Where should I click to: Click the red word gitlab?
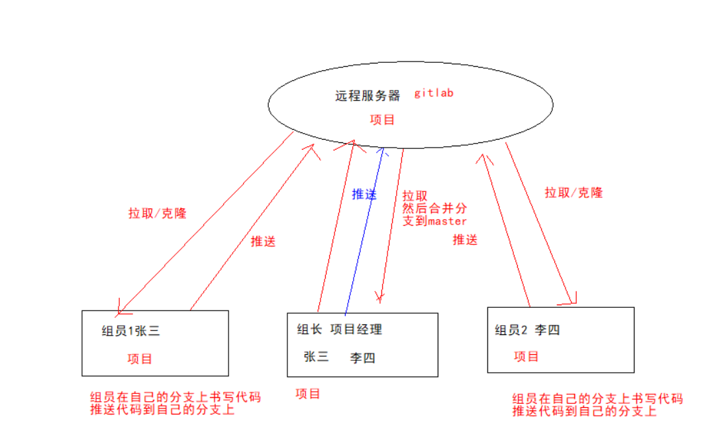click(x=434, y=93)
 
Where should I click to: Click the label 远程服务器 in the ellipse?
click(x=368, y=95)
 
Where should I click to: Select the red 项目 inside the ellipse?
click(x=382, y=120)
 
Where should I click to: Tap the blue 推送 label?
click(x=364, y=194)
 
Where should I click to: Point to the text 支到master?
click(x=434, y=221)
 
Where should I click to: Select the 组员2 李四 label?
click(x=527, y=330)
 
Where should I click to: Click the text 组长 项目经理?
click(x=339, y=330)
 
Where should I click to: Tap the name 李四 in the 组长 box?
click(x=363, y=358)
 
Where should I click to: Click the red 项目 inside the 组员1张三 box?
click(x=140, y=359)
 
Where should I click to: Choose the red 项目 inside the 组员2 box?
click(x=526, y=356)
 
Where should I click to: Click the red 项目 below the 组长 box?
click(x=308, y=393)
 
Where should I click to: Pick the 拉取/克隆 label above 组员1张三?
click(x=157, y=213)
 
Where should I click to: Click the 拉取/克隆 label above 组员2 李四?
click(x=574, y=193)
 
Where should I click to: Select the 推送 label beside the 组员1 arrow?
click(x=263, y=242)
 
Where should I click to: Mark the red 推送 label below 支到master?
click(x=465, y=240)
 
